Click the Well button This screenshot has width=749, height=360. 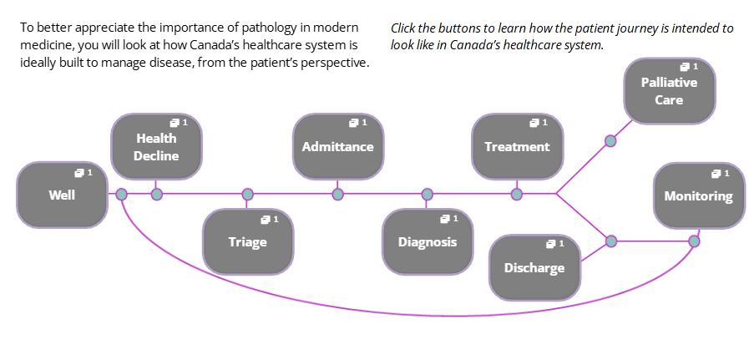pos(62,195)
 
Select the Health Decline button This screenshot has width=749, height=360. pos(156,146)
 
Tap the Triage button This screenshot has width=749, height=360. pos(248,241)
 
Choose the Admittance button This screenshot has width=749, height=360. pos(338,146)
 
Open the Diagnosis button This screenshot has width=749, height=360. pos(428,241)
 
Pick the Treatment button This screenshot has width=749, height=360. pos(518,146)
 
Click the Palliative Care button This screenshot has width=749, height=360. pos(669,91)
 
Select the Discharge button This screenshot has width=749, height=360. pos(534,267)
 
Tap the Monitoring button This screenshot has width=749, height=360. pos(699,195)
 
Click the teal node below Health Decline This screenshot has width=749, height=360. pos(157,195)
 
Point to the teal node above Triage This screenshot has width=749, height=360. pos(247,195)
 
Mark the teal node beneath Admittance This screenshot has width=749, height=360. pos(337,195)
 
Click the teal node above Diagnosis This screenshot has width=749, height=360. pos(428,195)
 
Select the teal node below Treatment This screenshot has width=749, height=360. pos(516,195)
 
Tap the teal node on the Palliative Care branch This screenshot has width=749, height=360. pos(610,141)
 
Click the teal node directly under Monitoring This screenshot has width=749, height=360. pos(694,241)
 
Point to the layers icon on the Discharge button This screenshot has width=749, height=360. pos(550,244)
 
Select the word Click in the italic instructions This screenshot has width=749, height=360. pos(402,28)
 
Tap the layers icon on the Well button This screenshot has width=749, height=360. pos(78,173)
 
